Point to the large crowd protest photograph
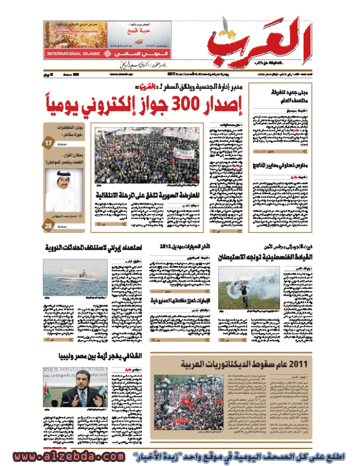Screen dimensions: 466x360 pos(147,156)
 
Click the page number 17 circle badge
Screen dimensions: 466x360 pos(48,144)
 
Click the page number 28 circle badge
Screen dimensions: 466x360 pos(48,227)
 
